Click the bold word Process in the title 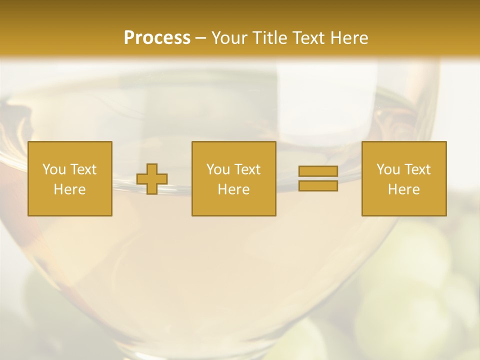pos(157,37)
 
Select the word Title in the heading pos(270,37)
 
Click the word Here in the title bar pos(350,37)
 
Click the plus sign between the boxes pos(152,179)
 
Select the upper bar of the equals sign pos(318,171)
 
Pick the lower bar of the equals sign pos(318,186)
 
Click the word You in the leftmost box pos(54,169)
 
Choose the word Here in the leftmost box pos(69,189)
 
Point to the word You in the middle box pos(218,169)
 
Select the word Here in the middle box pos(233,189)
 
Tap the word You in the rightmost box pos(388,169)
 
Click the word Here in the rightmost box pos(403,189)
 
